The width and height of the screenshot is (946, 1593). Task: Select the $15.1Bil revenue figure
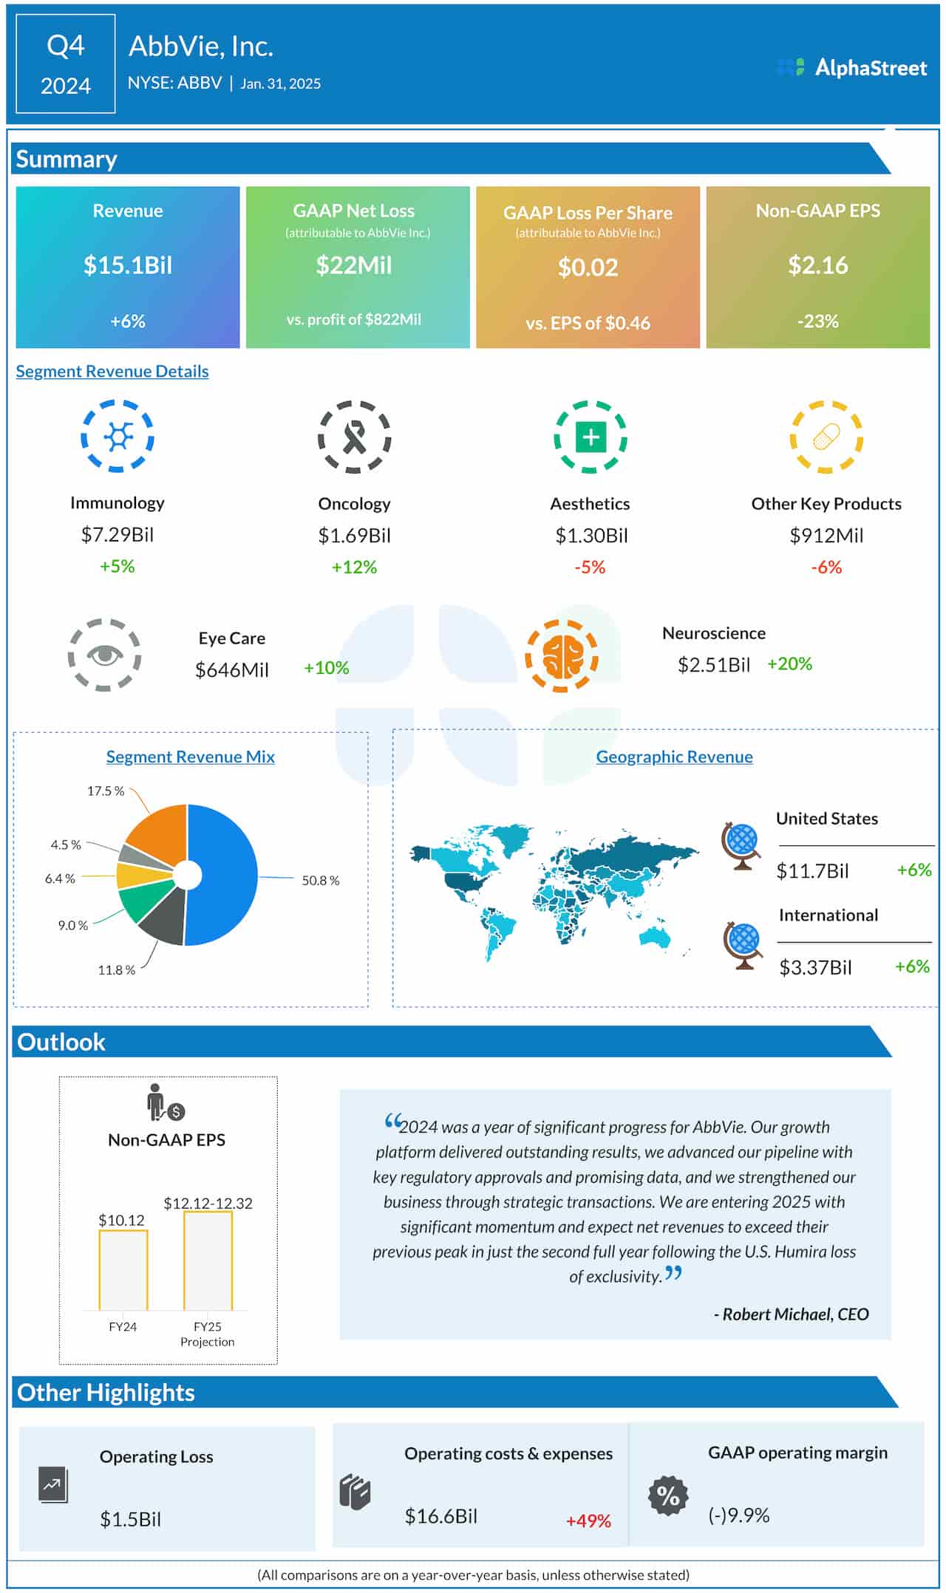tap(128, 265)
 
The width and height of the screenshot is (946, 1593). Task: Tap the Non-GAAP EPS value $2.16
tap(817, 265)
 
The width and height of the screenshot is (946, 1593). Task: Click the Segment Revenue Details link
tap(112, 371)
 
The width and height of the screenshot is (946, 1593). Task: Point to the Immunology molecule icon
tap(118, 437)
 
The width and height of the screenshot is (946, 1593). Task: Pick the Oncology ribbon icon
tap(355, 437)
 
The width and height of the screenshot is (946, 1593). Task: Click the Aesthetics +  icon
tap(591, 437)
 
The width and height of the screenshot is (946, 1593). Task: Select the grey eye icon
tap(105, 655)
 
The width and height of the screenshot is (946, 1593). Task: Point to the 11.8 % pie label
tap(116, 970)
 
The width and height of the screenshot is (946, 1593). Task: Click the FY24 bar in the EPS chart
tap(123, 1270)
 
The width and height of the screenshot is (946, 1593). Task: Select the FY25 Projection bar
tap(208, 1261)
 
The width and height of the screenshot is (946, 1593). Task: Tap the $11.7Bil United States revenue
tap(812, 871)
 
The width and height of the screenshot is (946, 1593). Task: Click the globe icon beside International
tap(743, 945)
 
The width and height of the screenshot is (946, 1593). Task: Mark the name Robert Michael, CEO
tap(791, 1314)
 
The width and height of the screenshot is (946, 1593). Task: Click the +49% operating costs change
tap(588, 1521)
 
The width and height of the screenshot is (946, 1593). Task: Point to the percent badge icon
tap(668, 1496)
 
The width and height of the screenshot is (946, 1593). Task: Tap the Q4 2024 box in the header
tap(66, 64)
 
